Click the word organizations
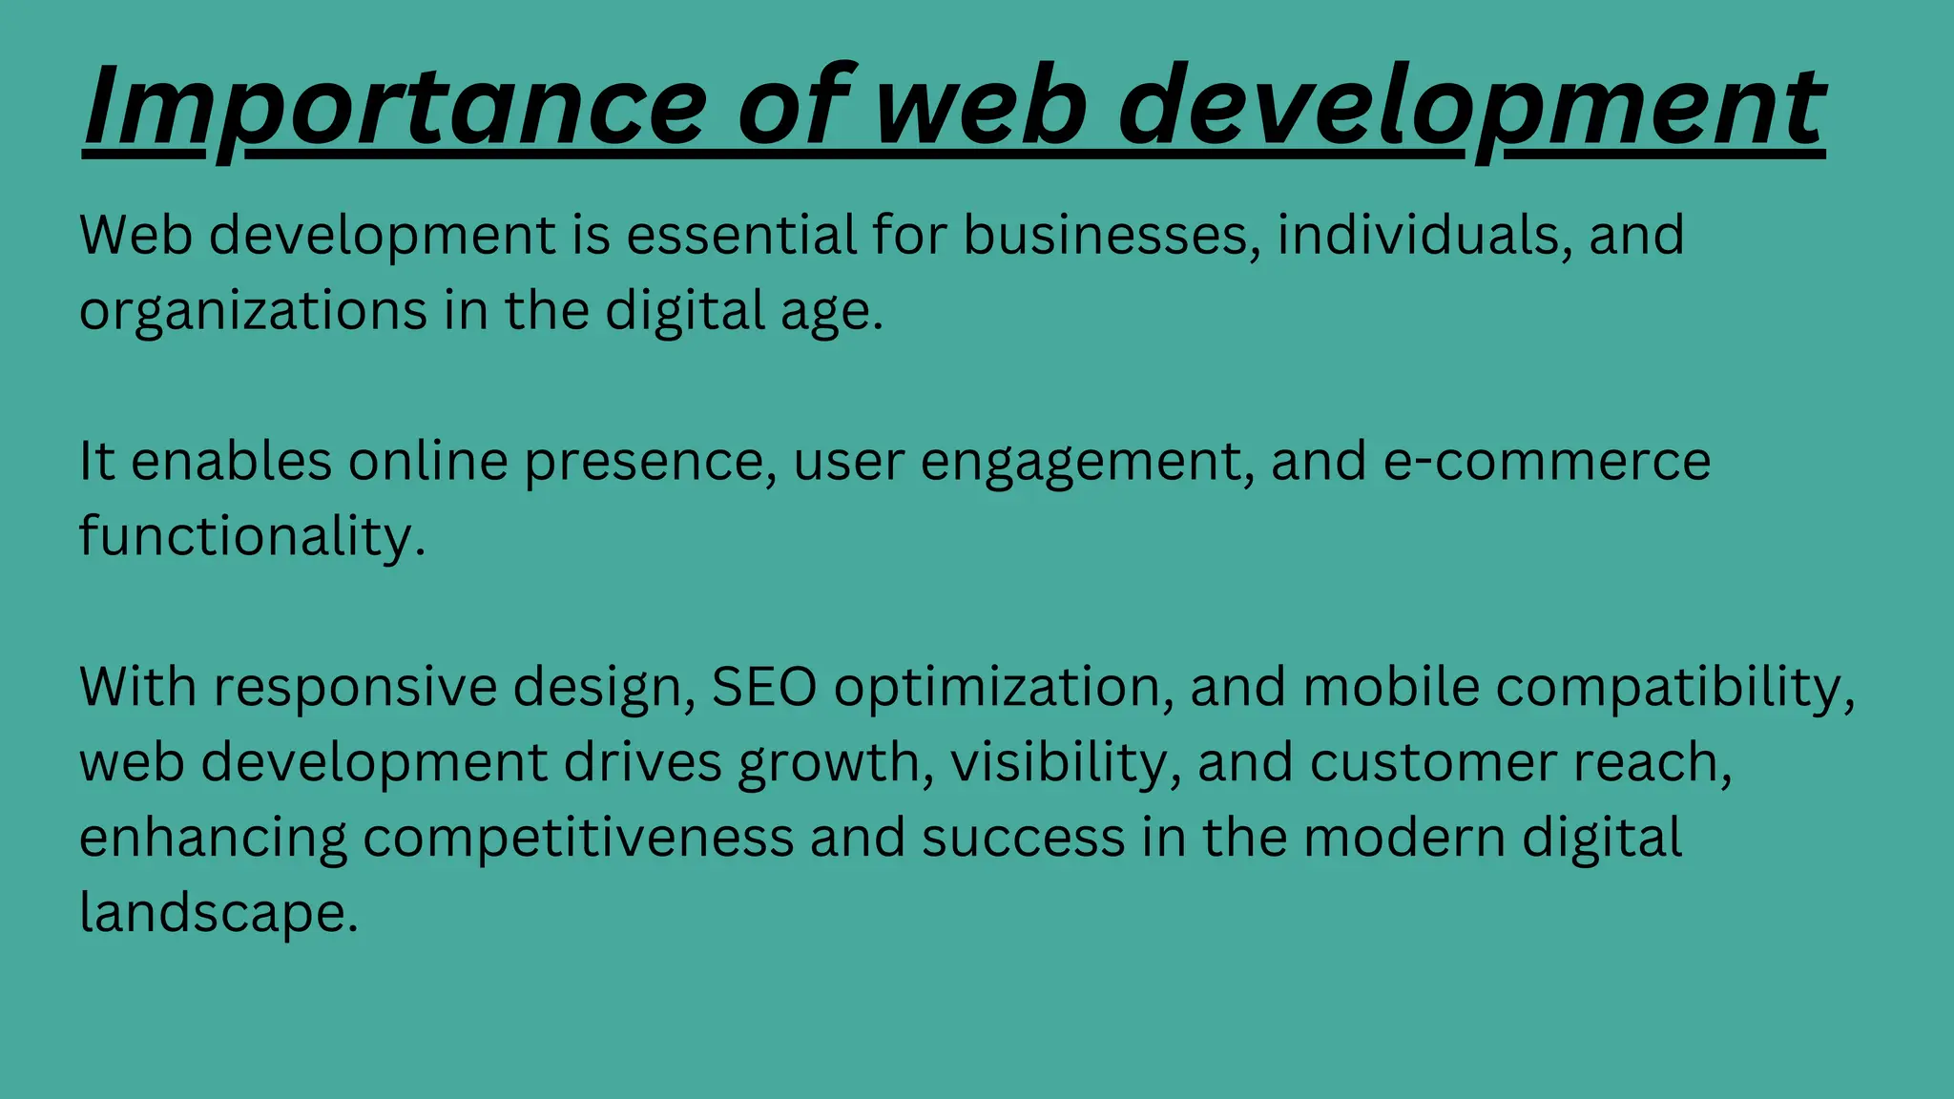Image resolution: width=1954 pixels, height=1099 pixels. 253,311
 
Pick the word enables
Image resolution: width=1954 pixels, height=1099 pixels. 231,461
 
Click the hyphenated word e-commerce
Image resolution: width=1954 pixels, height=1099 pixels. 1547,461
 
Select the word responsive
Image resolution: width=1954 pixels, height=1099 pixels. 355,687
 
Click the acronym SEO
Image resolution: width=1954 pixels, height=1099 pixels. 764,687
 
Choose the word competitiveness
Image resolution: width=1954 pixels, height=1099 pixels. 578,839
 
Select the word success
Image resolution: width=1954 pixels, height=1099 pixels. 1024,839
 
